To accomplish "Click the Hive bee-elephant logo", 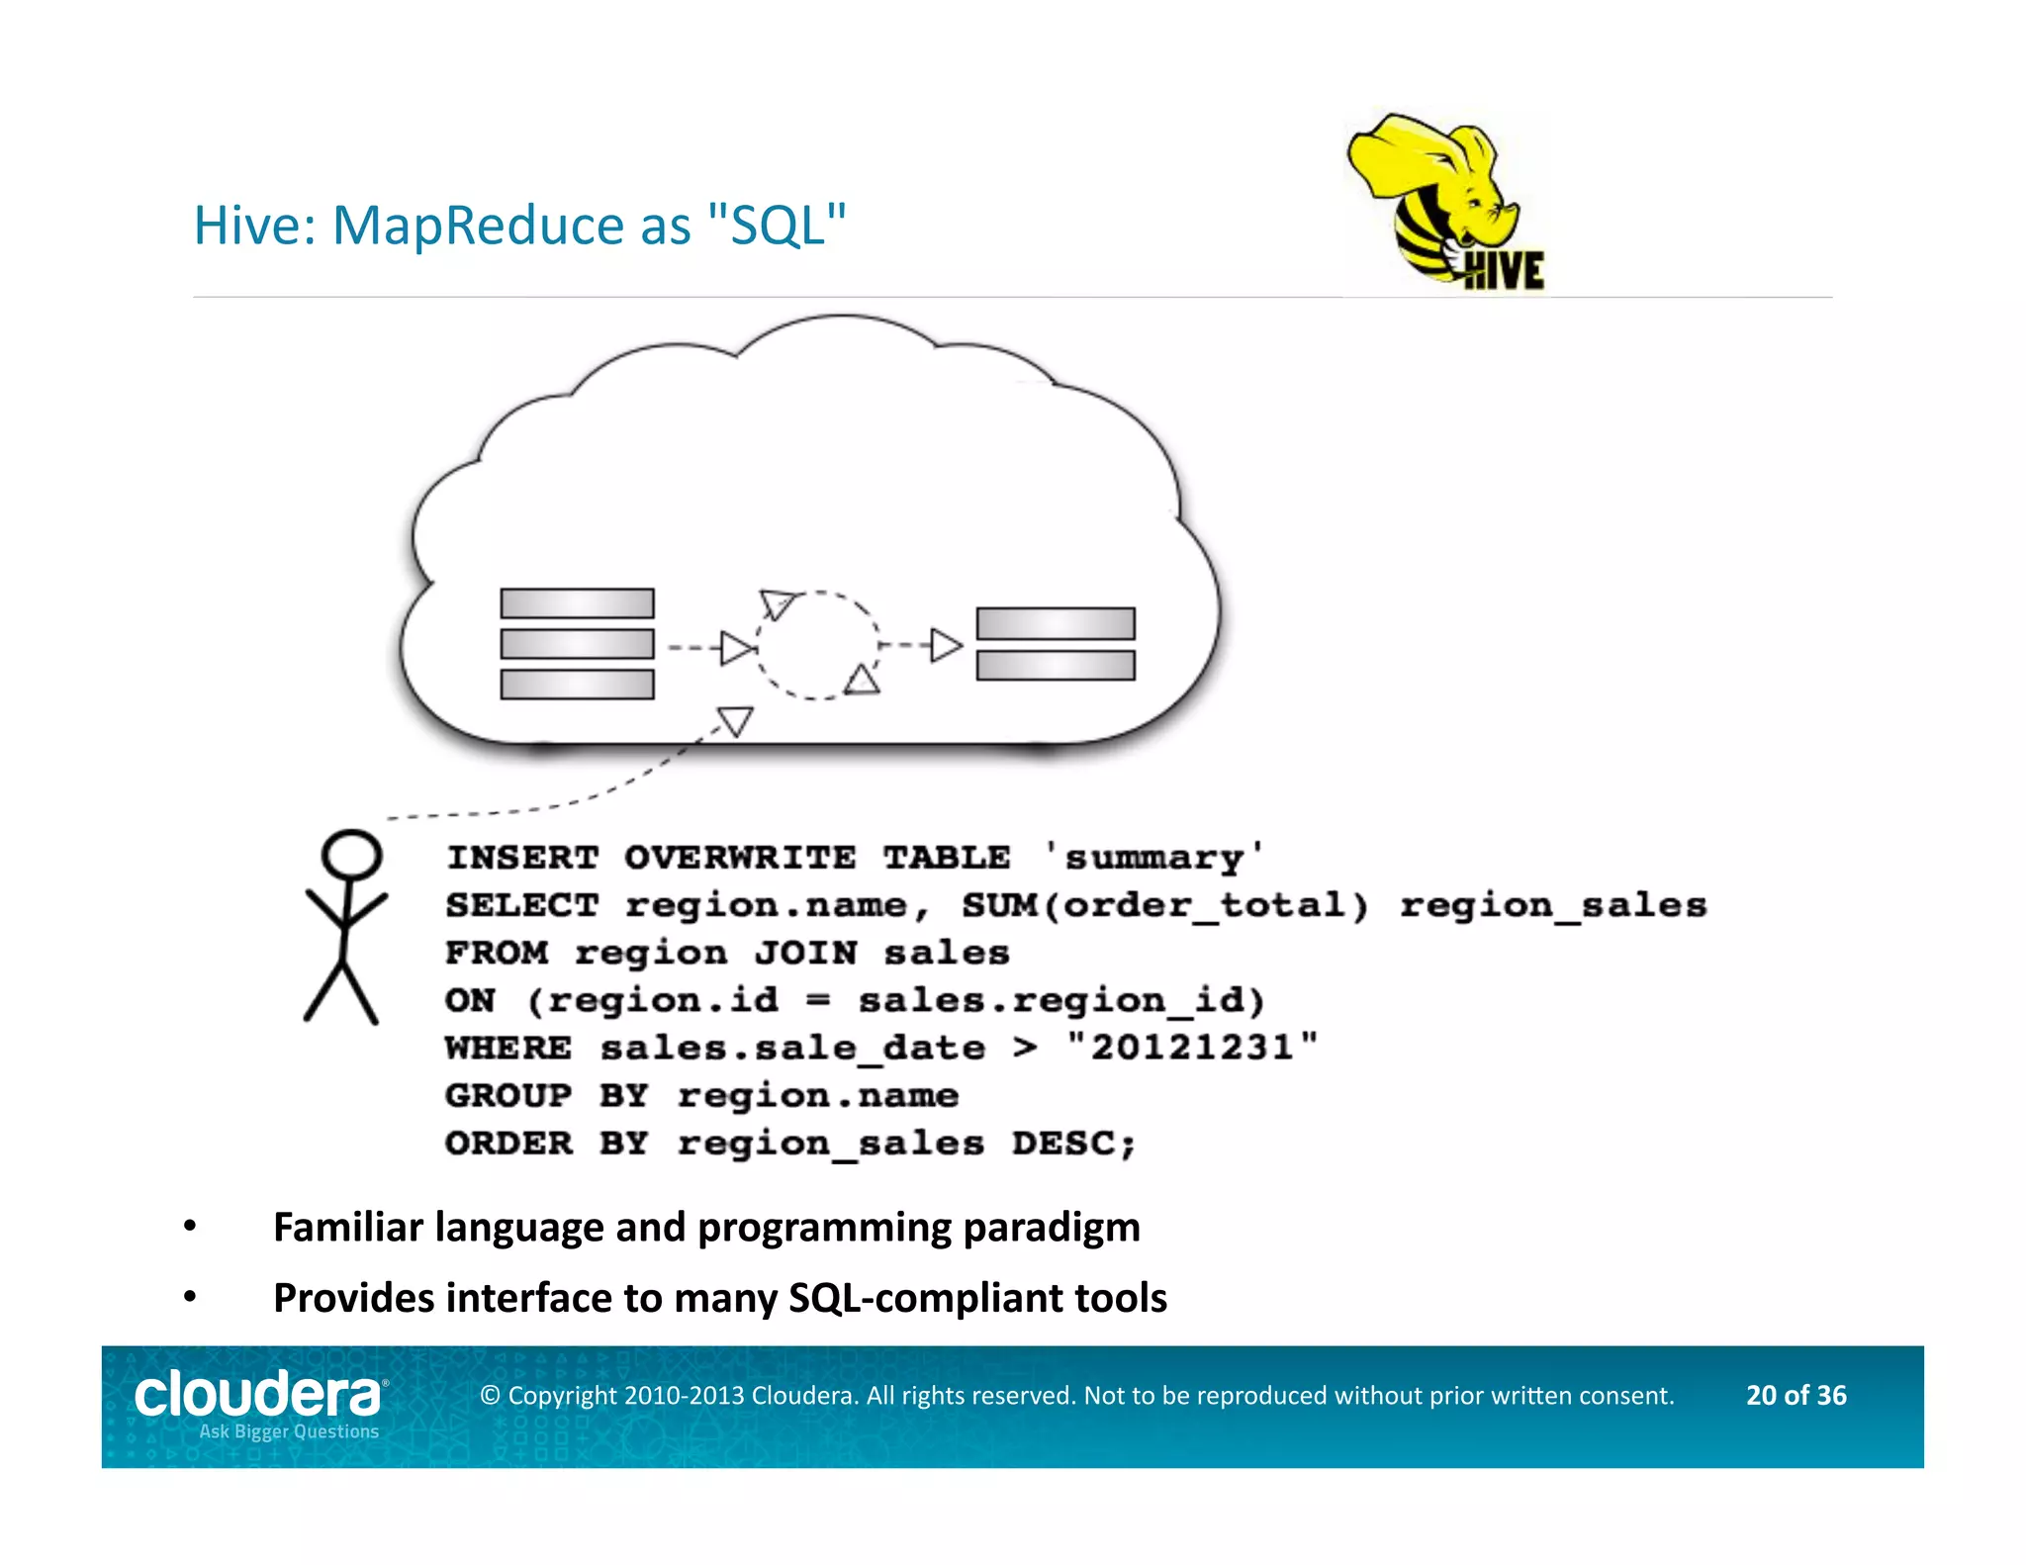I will (x=1444, y=203).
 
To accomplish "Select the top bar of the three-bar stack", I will (x=577, y=603).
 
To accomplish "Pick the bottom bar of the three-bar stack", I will (x=577, y=685).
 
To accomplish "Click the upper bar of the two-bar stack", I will (x=1055, y=624).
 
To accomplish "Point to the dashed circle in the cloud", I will (x=817, y=646).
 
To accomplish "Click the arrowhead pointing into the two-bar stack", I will (x=946, y=646).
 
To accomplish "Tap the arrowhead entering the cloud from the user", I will (x=735, y=720).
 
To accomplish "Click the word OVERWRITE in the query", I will (x=739, y=858).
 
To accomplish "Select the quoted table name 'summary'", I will (x=1153, y=858).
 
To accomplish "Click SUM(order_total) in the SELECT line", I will (x=1165, y=905).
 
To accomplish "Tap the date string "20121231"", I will (x=1192, y=1048).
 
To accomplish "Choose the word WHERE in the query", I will (x=508, y=1048).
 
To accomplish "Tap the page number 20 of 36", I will (x=1796, y=1395).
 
